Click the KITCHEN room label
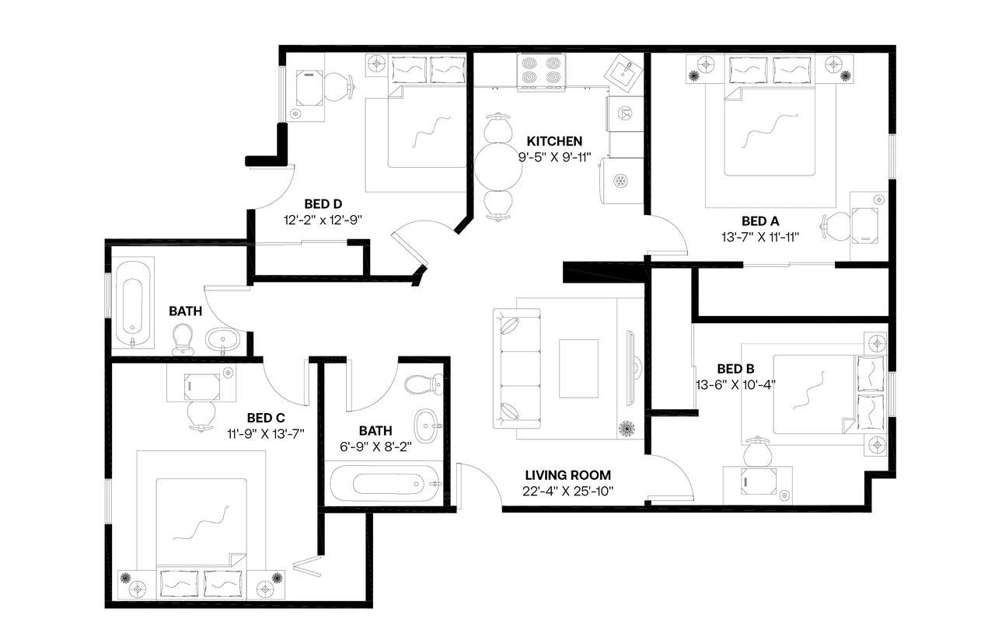pyautogui.click(x=554, y=141)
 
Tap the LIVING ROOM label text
pyautogui.click(x=567, y=475)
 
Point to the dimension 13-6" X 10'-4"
pyautogui.click(x=735, y=384)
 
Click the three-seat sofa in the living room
pyautogui.click(x=515, y=367)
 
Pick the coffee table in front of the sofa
pyautogui.click(x=578, y=368)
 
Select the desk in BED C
pyautogui.click(x=202, y=384)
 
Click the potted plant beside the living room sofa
pyautogui.click(x=627, y=427)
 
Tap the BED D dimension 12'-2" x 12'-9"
pyautogui.click(x=323, y=220)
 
